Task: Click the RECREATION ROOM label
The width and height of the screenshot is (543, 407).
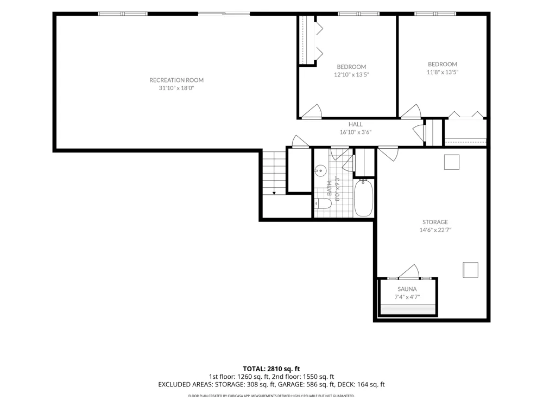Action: tap(176, 80)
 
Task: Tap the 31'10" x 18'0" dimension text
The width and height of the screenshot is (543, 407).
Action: tap(176, 88)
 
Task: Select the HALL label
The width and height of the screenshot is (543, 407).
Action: tap(355, 124)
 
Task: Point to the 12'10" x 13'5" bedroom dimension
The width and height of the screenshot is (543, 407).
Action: tap(351, 74)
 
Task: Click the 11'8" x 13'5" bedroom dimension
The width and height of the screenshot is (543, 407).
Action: tap(442, 72)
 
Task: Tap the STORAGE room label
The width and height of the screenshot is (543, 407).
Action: tap(435, 222)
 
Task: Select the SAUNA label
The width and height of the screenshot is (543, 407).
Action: tap(407, 289)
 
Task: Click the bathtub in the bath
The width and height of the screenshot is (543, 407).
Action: tap(363, 198)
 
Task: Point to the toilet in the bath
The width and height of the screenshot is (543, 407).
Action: tap(323, 203)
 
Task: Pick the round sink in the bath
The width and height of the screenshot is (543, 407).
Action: tap(321, 170)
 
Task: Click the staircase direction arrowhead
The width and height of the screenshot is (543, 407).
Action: tap(274, 193)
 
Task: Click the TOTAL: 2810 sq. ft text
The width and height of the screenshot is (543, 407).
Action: tap(271, 368)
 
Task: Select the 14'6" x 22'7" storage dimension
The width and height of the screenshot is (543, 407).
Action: tap(435, 230)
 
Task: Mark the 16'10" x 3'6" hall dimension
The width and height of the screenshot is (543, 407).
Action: tap(355, 132)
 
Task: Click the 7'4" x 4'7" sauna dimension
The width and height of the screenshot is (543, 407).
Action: tap(407, 297)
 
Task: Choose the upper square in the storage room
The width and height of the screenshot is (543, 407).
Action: tap(452, 162)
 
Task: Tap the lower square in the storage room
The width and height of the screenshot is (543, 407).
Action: tap(470, 270)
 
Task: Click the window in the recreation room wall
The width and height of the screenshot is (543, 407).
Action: tap(123, 14)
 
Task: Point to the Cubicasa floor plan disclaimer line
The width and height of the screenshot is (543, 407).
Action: tap(271, 396)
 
